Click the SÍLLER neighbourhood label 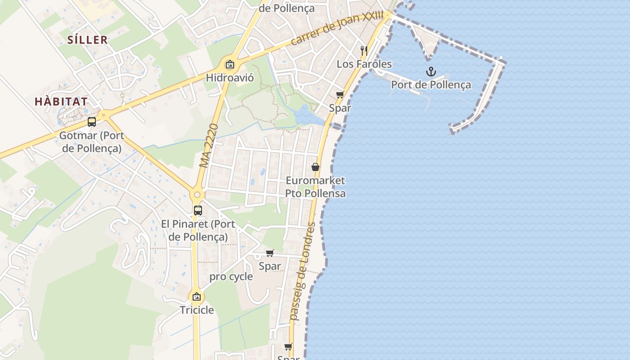(x=88, y=40)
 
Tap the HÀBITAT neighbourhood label (x=61, y=102)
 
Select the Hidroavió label (x=230, y=78)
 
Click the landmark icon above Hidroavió (x=230, y=64)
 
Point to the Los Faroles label (x=364, y=64)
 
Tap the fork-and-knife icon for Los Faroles (x=364, y=50)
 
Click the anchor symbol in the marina (x=431, y=72)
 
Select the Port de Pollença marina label (x=431, y=85)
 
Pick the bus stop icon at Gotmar (x=92, y=122)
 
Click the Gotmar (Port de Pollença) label (x=92, y=142)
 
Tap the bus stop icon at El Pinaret (x=198, y=210)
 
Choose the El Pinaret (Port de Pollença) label (x=198, y=230)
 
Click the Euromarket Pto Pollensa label (x=315, y=187)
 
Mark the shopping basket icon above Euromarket (x=315, y=167)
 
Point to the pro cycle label (x=231, y=277)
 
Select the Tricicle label (x=197, y=310)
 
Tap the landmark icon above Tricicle (x=196, y=297)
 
